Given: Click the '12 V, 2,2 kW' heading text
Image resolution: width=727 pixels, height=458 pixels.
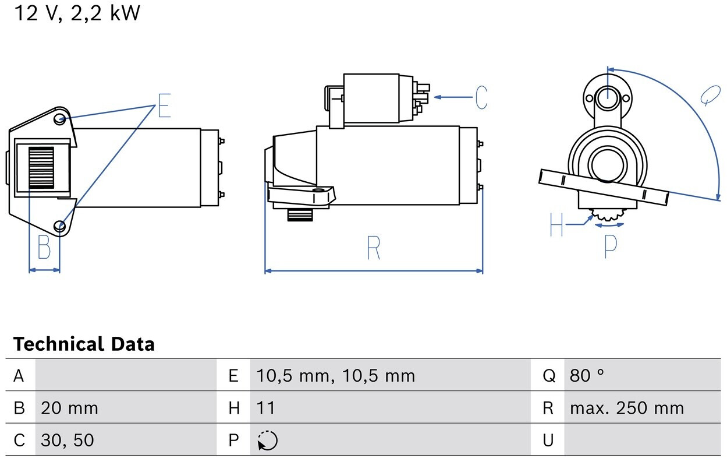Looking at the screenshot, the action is click(x=77, y=13).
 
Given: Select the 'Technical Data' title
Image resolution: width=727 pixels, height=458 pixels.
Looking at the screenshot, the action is click(x=84, y=344).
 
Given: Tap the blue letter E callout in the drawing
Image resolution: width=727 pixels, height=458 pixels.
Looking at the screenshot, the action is click(x=164, y=105).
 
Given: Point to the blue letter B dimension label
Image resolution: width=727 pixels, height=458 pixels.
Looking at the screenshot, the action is click(x=44, y=247).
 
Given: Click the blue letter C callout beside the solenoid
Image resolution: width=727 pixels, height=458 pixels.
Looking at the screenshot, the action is click(x=481, y=97).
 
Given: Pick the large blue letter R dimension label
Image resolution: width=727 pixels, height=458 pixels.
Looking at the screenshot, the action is click(x=373, y=248).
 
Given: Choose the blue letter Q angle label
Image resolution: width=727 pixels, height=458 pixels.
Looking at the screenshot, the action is click(x=710, y=95).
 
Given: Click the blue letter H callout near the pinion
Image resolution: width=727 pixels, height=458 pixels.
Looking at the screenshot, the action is click(x=556, y=224).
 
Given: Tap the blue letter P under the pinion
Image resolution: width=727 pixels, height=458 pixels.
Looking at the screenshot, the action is click(x=611, y=246).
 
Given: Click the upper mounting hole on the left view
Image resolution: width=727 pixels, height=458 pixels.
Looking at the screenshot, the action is click(x=59, y=119).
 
